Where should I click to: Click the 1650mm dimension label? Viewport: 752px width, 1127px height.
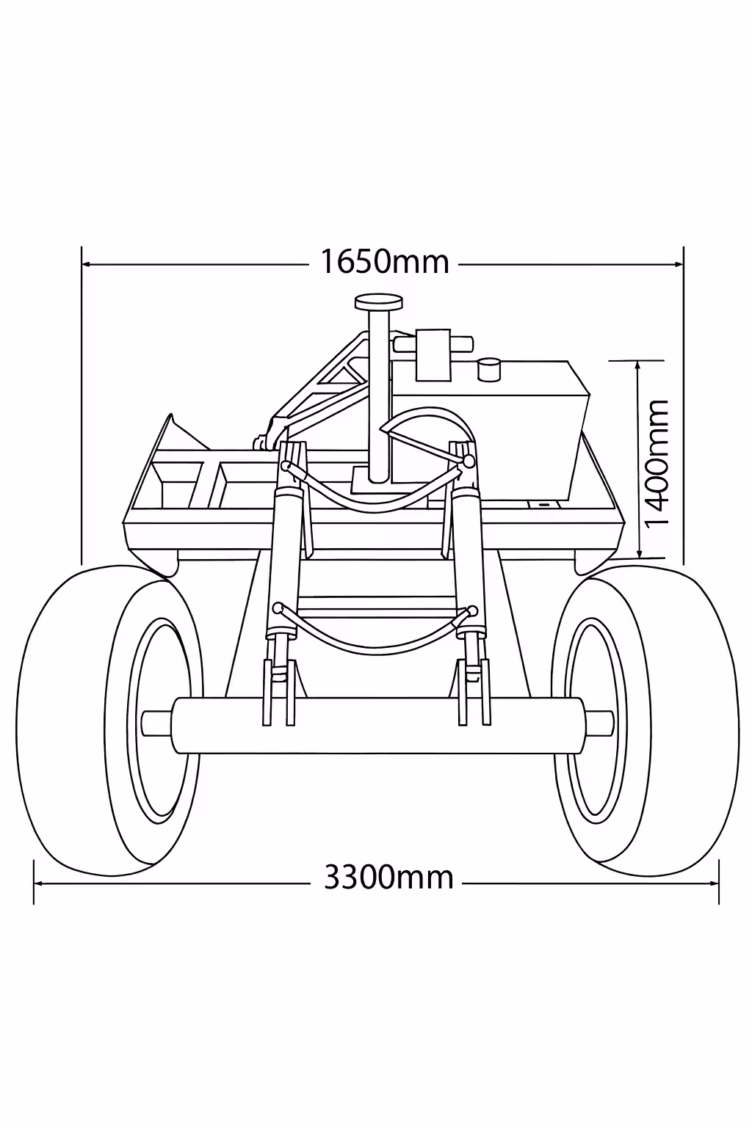384,262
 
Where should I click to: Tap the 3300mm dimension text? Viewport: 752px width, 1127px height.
388,877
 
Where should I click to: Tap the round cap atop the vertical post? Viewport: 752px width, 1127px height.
379,302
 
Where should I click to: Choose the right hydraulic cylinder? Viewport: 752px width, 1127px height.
467,558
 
